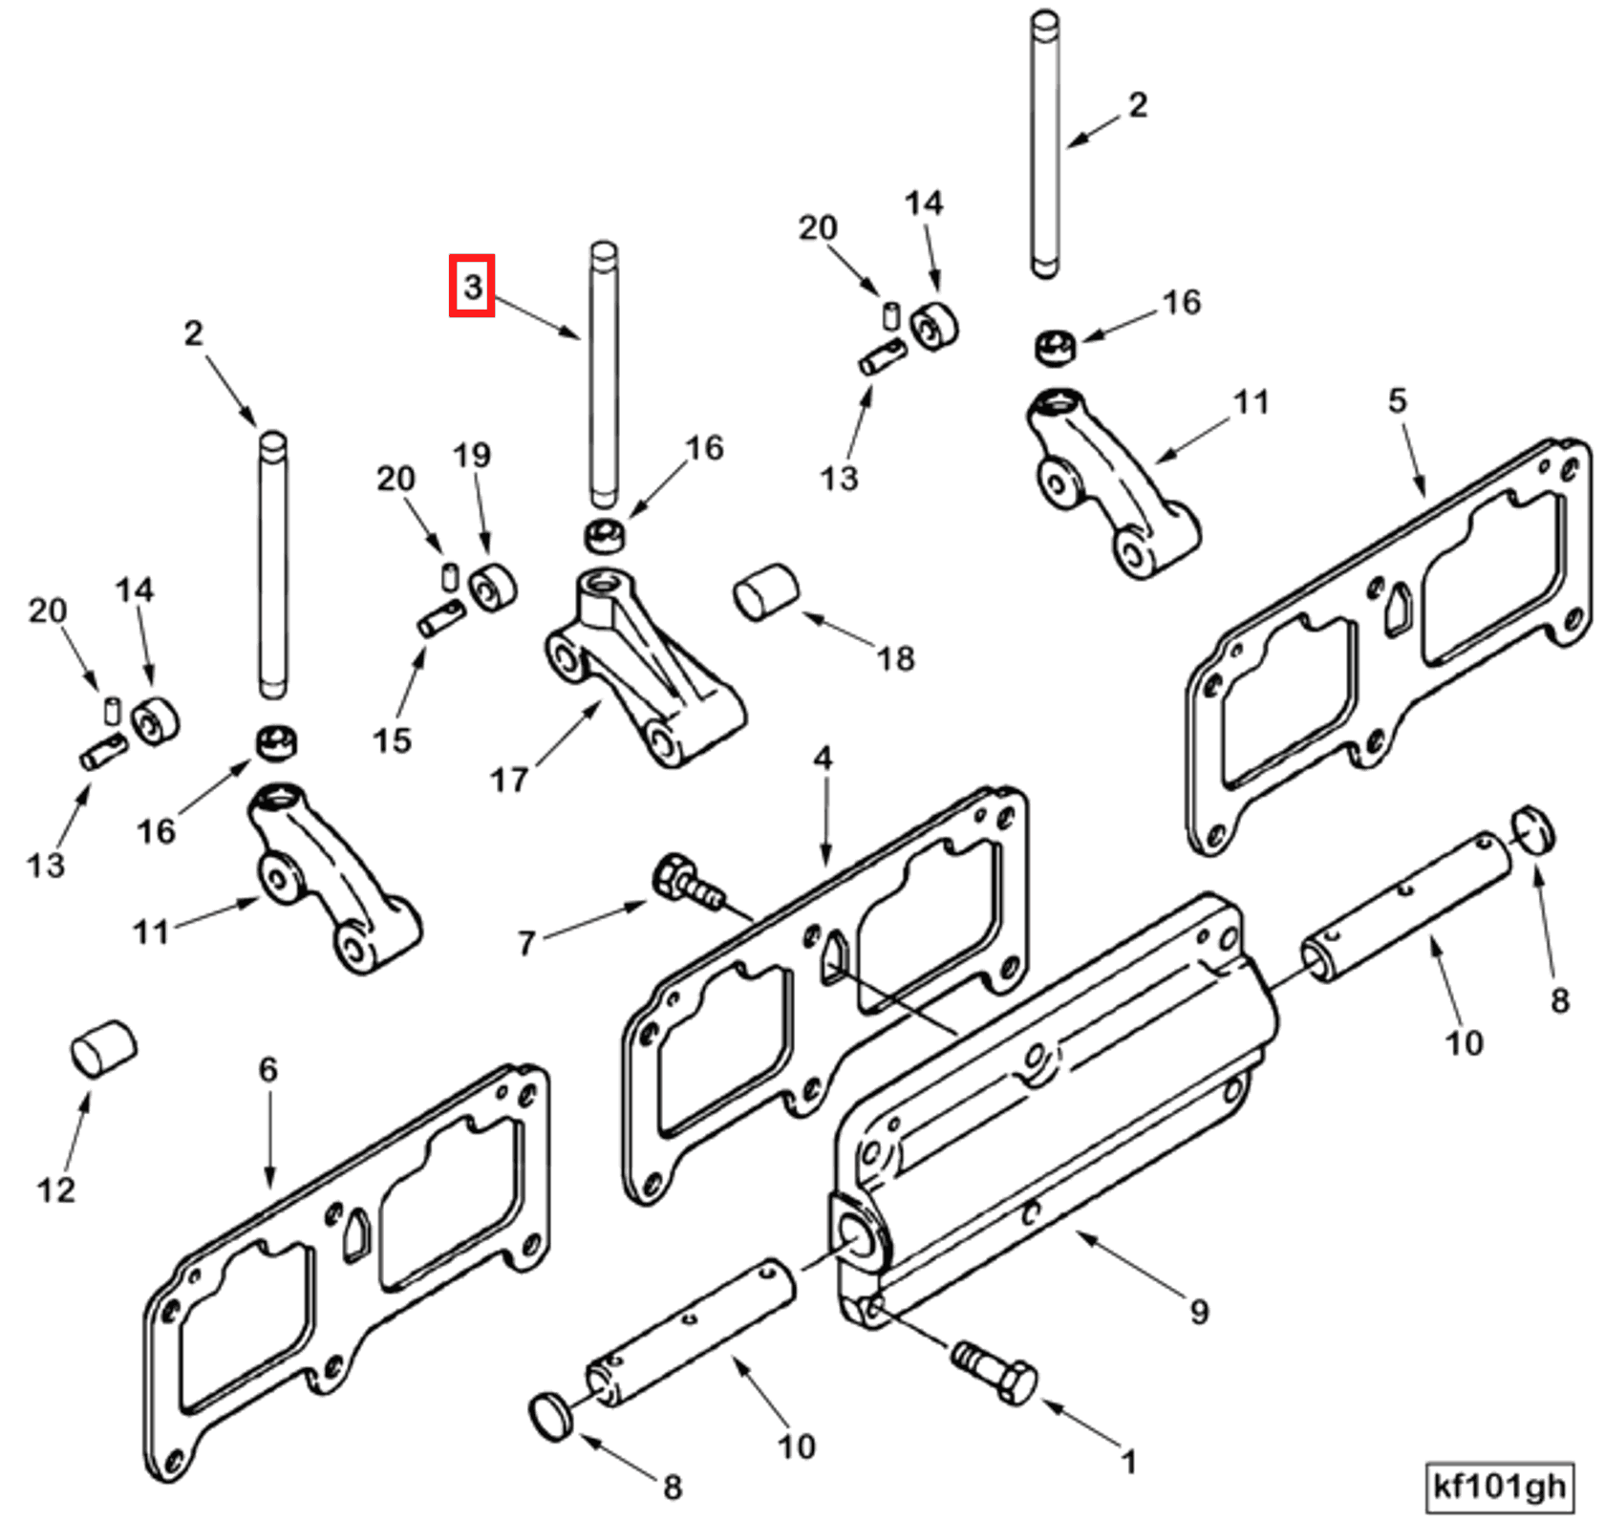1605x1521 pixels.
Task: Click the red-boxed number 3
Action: point(472,286)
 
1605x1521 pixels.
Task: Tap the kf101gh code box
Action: point(1498,1487)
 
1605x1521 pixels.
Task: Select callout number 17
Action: point(508,780)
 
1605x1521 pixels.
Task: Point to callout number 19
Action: point(472,456)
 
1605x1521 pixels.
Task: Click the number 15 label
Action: point(393,739)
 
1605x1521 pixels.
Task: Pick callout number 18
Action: point(895,657)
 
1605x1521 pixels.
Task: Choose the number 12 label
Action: point(55,1189)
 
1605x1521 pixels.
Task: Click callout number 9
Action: point(1199,1312)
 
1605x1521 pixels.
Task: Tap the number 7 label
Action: point(526,944)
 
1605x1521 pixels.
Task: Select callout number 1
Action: point(1128,1462)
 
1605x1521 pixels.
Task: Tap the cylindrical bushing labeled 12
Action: point(103,1049)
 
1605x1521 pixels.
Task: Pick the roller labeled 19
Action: point(493,589)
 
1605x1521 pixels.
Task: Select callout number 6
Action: point(267,1069)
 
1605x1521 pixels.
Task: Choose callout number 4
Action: point(823,760)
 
